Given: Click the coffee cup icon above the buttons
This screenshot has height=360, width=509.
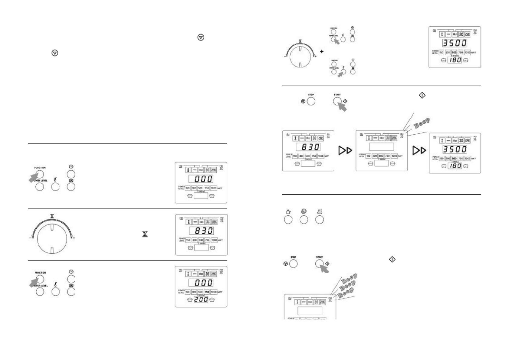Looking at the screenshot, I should [x=288, y=212].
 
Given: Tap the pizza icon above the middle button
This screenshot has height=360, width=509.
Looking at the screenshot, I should [x=304, y=212].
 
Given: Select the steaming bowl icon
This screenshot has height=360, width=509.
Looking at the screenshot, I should [x=320, y=212].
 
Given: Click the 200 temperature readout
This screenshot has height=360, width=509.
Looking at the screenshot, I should [x=201, y=299].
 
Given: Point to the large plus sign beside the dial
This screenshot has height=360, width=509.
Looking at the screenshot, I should [x=322, y=52].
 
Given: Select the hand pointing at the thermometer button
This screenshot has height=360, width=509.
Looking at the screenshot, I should [x=341, y=74].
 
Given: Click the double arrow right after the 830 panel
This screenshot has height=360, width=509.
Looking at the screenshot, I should [x=345, y=150].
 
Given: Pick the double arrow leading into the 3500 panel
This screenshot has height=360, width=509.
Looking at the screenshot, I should [x=419, y=150].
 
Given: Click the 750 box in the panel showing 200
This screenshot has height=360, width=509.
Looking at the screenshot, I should [x=207, y=292].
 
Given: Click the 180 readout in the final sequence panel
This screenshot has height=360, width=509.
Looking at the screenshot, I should [x=455, y=166].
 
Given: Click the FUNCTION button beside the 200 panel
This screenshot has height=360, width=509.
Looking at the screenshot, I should [x=40, y=279].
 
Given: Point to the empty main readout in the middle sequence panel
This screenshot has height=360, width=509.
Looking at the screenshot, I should [x=381, y=147].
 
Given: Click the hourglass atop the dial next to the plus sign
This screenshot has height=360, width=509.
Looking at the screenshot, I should [x=300, y=41].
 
